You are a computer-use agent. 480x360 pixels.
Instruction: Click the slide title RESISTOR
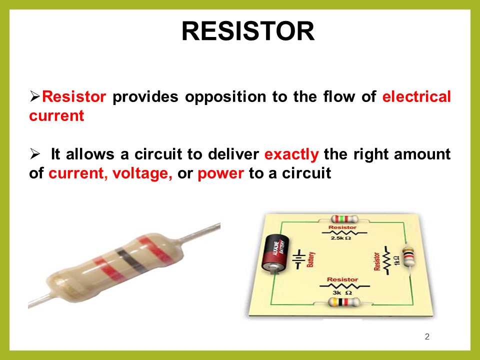pos(248,31)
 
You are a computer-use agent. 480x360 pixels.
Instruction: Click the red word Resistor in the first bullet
pos(73,96)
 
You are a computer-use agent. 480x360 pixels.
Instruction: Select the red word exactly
pos(291,154)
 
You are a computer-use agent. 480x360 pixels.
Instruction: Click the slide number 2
pos(427,336)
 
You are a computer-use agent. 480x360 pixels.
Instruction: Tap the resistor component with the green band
pos(343,219)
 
